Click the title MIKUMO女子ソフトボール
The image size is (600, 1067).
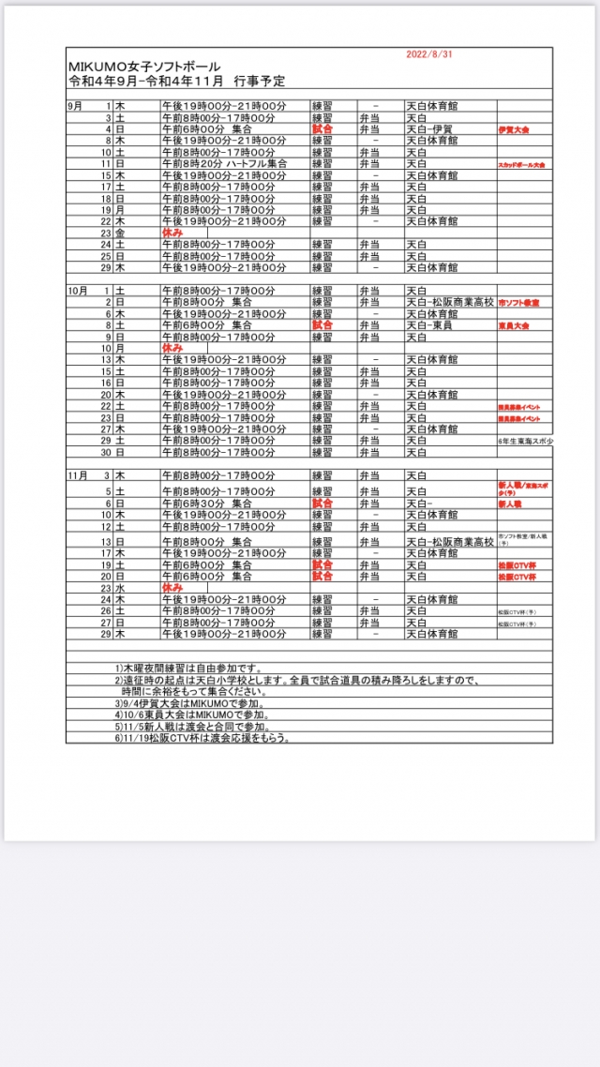click(x=145, y=68)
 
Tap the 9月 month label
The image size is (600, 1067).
click(x=75, y=107)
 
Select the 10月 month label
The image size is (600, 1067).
click(x=77, y=291)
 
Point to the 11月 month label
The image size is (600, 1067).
click(x=77, y=475)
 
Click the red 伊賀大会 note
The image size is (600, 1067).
click(x=516, y=130)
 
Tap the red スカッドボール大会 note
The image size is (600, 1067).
click(x=521, y=164)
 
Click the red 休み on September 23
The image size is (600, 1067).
click(x=172, y=232)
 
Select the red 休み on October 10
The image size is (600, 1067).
click(x=172, y=347)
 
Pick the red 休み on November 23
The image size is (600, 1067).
click(x=172, y=587)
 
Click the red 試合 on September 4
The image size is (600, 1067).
click(x=322, y=129)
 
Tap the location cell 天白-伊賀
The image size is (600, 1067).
click(x=428, y=129)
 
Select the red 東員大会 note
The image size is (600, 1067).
click(x=516, y=325)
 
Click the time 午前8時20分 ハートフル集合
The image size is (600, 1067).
click(x=224, y=163)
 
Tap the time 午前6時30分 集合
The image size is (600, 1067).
click(x=207, y=503)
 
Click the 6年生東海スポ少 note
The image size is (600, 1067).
click(x=525, y=440)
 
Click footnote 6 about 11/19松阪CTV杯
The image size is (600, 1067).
click(x=201, y=737)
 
